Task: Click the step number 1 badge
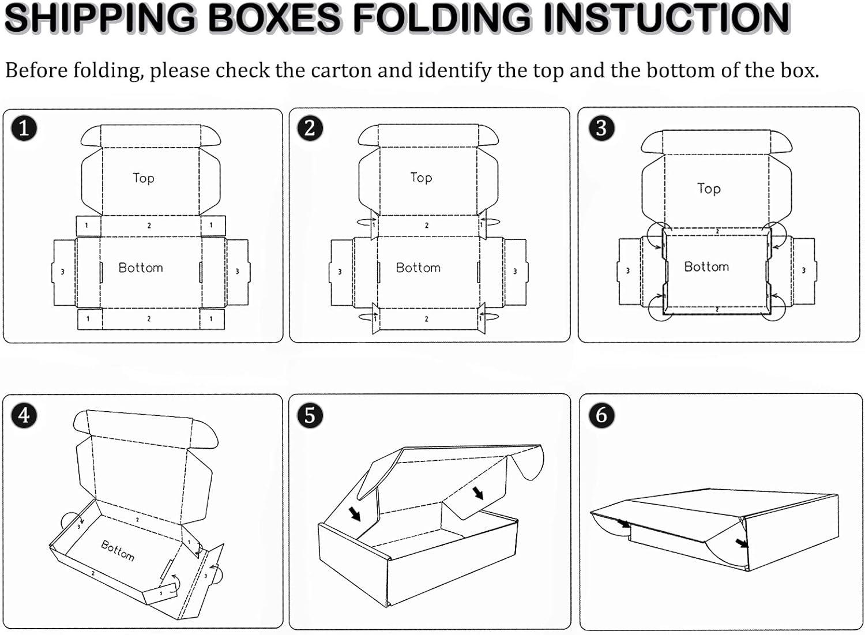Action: [24, 127]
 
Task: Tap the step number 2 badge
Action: [310, 127]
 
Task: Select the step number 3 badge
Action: [601, 127]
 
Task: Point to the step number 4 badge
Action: [24, 415]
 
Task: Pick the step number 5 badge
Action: [310, 415]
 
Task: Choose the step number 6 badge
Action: [601, 415]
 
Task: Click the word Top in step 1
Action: [143, 178]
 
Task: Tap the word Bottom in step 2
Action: [418, 268]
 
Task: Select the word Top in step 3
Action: [709, 189]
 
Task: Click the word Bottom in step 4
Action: [118, 551]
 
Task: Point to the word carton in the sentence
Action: [341, 71]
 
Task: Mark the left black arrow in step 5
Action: [355, 513]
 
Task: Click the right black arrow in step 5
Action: [478, 493]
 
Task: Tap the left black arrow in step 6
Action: [623, 523]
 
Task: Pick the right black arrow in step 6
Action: [742, 543]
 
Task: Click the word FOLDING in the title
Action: [442, 17]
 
